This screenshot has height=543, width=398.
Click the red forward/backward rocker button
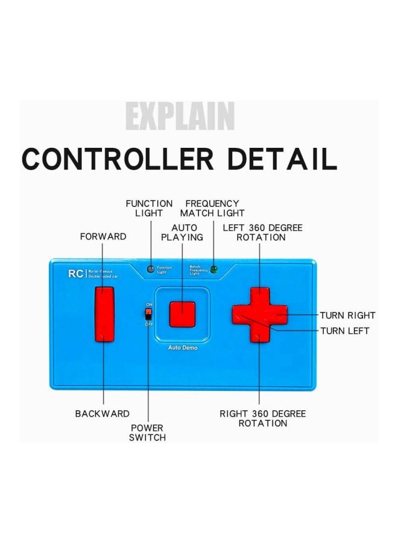(x=104, y=314)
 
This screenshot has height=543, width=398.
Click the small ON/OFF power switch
(x=148, y=314)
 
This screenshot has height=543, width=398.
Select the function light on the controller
(x=151, y=268)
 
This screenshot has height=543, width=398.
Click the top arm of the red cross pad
(x=259, y=296)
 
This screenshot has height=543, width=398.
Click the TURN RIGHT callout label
(x=347, y=315)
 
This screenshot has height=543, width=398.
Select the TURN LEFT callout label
(x=345, y=331)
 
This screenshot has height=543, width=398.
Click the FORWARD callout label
(x=103, y=237)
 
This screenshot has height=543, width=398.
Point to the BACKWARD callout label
(x=102, y=414)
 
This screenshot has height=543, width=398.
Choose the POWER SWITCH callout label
(x=147, y=433)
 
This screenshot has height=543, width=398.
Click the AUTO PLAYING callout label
(x=182, y=232)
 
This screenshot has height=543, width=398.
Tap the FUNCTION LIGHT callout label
(x=149, y=208)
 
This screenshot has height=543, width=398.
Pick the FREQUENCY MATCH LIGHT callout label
(x=212, y=208)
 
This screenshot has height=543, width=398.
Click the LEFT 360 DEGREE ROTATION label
(x=262, y=232)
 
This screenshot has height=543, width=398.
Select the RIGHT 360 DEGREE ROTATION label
(x=262, y=418)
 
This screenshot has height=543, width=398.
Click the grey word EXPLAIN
(x=179, y=116)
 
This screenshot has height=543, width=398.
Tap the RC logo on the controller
(x=75, y=273)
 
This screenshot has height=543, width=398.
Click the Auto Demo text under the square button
(x=182, y=348)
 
